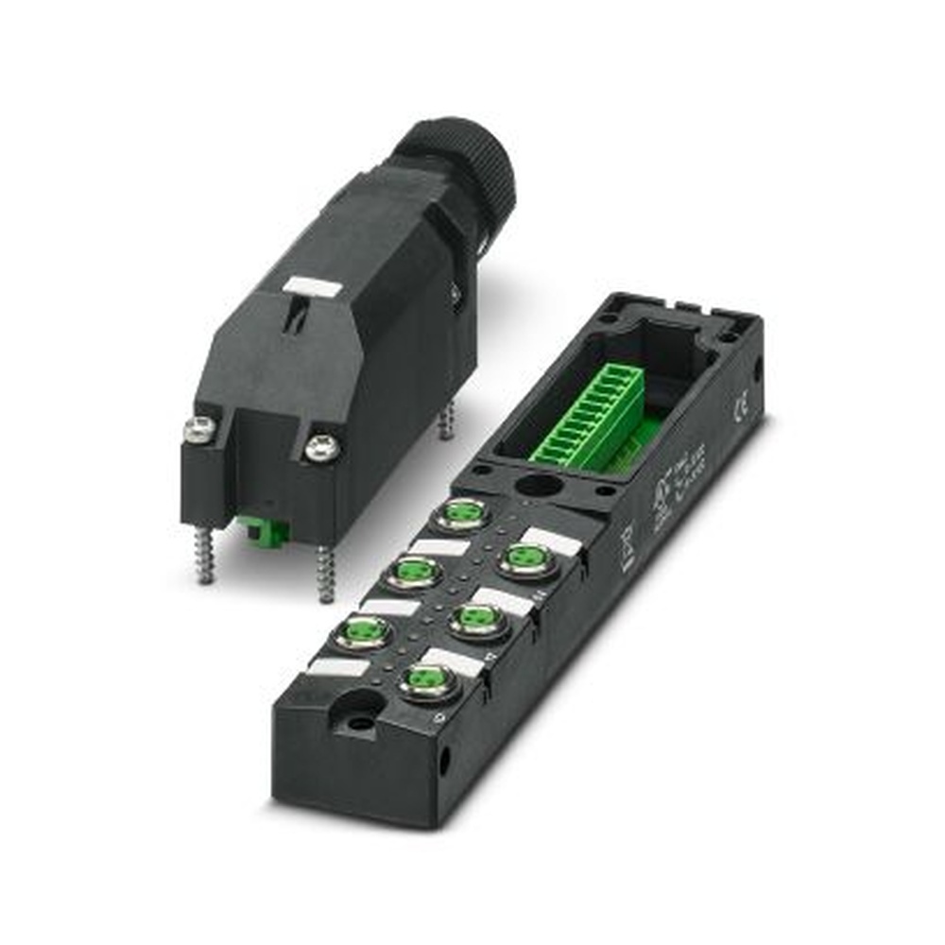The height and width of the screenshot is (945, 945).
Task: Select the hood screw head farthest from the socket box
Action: point(199,430)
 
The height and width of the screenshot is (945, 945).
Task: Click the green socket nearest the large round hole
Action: point(463,515)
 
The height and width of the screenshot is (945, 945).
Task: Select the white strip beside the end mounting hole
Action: point(337,667)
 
